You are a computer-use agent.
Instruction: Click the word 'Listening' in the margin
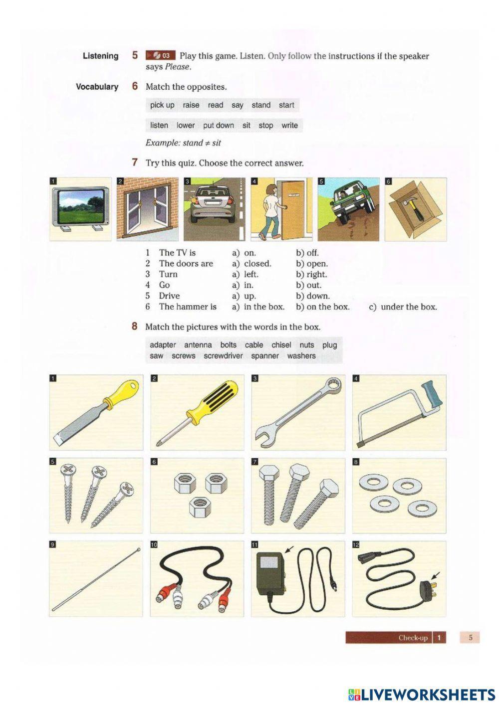tap(100, 56)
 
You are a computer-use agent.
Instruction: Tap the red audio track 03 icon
tap(160, 55)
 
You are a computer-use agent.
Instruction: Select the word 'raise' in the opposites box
tap(191, 105)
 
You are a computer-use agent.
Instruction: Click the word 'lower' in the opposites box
tap(186, 126)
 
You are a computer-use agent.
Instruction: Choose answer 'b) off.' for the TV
tap(307, 253)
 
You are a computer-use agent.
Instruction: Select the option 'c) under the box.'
tap(403, 307)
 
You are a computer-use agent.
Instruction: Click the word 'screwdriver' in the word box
tap(223, 356)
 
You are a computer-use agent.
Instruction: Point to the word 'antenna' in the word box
tap(198, 345)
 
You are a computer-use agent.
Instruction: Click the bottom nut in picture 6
tap(198, 509)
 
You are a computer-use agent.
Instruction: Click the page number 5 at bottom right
tap(470, 637)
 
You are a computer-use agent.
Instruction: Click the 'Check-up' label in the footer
tap(413, 638)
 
